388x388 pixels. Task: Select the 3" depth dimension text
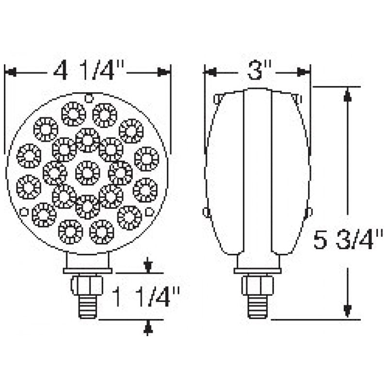(257, 72)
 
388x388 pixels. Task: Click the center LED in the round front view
(88, 172)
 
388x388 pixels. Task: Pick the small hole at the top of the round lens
(89, 98)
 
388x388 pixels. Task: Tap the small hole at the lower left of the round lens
(23, 211)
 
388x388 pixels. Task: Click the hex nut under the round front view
(88, 286)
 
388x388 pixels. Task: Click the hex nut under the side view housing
(258, 286)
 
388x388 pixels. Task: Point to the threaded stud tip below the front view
(88, 308)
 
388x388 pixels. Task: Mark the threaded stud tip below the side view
(258, 308)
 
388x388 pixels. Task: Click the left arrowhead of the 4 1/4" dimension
(11, 73)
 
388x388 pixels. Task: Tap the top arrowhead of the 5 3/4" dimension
(347, 95)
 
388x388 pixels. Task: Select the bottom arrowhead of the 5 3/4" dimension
(347, 310)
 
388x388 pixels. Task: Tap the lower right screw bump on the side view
(309, 211)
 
